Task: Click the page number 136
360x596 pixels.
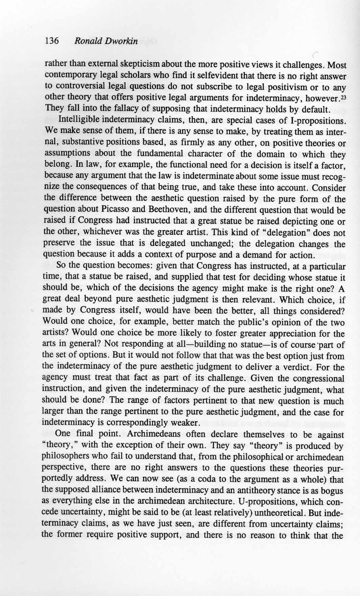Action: point(52,41)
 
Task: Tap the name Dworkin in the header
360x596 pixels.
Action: point(121,41)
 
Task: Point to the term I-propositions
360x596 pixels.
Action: point(316,120)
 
